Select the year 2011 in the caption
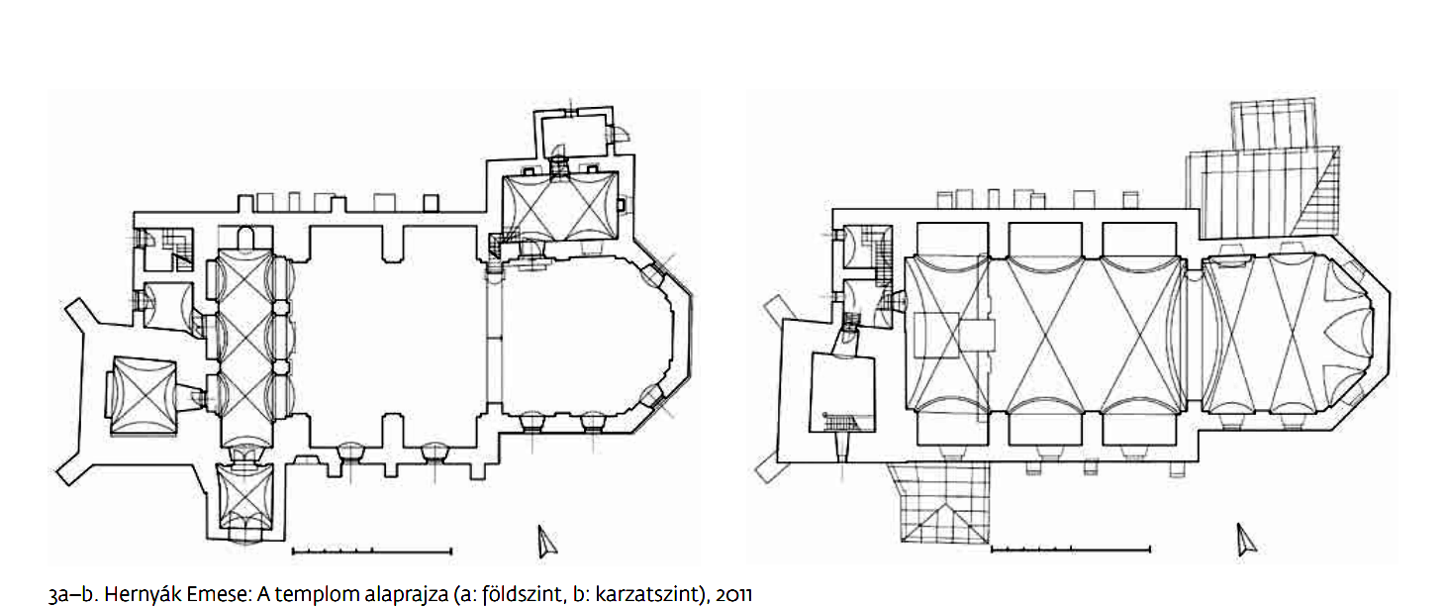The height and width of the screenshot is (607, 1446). (x=733, y=594)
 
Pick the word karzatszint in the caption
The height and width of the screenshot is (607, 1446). (x=648, y=593)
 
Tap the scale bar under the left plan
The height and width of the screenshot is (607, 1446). (x=372, y=552)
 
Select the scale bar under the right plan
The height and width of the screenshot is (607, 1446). (x=1070, y=550)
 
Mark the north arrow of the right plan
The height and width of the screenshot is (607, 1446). (x=1246, y=540)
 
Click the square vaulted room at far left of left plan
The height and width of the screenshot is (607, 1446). (x=144, y=394)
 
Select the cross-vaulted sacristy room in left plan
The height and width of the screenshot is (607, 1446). (x=559, y=207)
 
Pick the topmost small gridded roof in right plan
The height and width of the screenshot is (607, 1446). (x=1273, y=124)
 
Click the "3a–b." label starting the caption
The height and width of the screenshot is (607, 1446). (x=72, y=594)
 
